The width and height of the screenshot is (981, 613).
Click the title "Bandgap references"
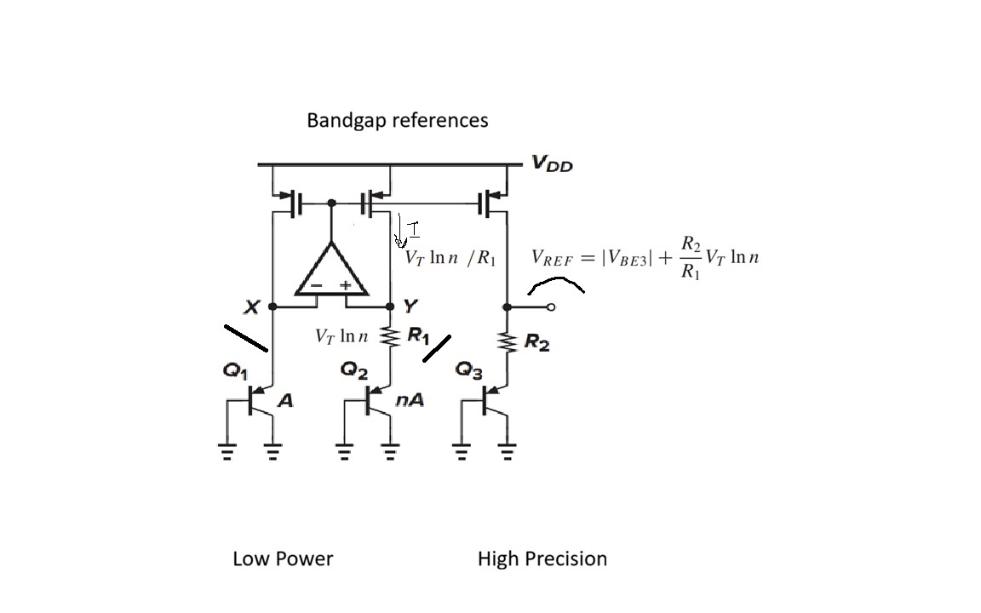click(398, 120)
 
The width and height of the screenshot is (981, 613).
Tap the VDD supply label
click(552, 163)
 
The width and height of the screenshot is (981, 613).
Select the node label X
click(251, 306)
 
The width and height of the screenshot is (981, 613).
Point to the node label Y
click(410, 306)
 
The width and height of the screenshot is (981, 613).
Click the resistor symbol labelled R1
click(390, 336)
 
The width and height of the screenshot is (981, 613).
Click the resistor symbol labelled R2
click(507, 341)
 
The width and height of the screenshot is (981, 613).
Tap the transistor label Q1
click(235, 371)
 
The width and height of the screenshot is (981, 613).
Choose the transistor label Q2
click(354, 370)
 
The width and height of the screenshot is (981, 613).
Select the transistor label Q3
click(469, 370)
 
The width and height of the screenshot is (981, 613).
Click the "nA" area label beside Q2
click(410, 399)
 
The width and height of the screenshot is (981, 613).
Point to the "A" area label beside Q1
click(285, 399)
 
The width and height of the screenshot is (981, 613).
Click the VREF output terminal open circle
click(551, 307)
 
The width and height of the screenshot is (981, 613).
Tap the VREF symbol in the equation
click(552, 258)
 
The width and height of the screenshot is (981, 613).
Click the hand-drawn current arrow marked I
click(399, 230)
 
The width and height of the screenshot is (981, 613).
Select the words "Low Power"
click(283, 559)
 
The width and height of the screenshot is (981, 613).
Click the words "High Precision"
click(542, 559)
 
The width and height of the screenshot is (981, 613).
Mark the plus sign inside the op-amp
click(346, 285)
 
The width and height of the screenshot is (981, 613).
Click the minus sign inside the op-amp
click(317, 286)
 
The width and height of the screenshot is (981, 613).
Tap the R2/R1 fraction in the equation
click(691, 258)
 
